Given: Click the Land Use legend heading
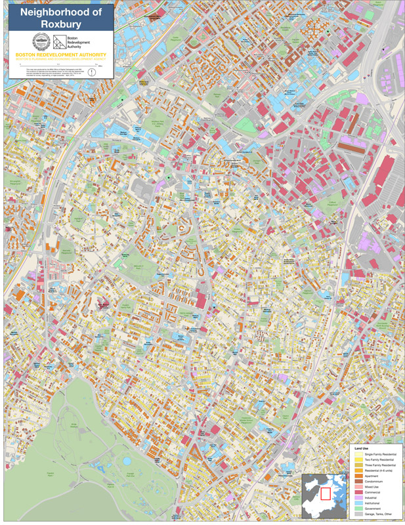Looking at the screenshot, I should click(363, 448).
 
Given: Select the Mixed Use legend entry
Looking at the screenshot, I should click(371, 485).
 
